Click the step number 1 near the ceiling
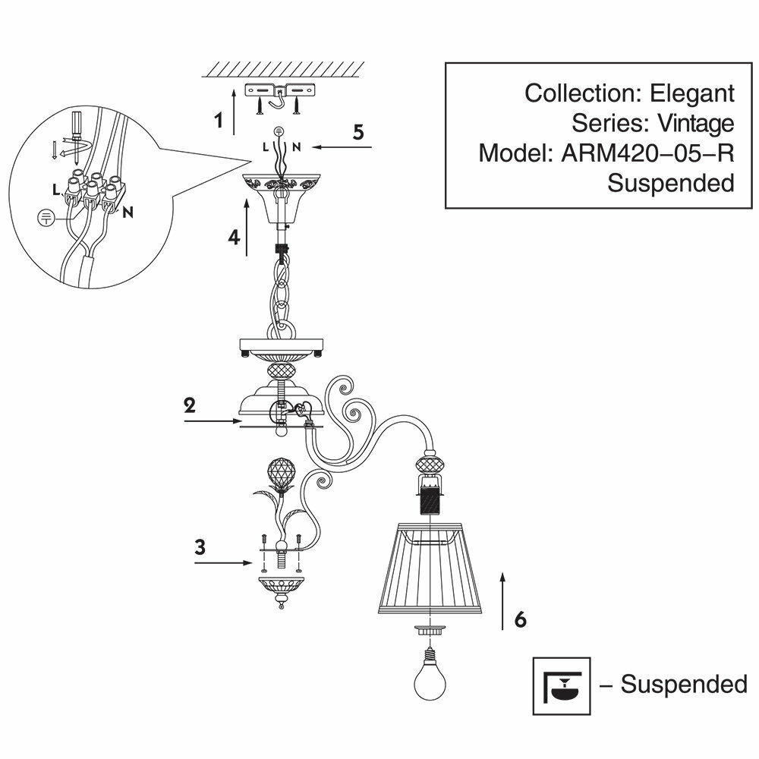click(219, 120)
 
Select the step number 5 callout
click(358, 131)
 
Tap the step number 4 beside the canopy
click(235, 238)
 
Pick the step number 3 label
click(200, 547)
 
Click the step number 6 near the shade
click(520, 619)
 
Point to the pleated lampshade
click(430, 570)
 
